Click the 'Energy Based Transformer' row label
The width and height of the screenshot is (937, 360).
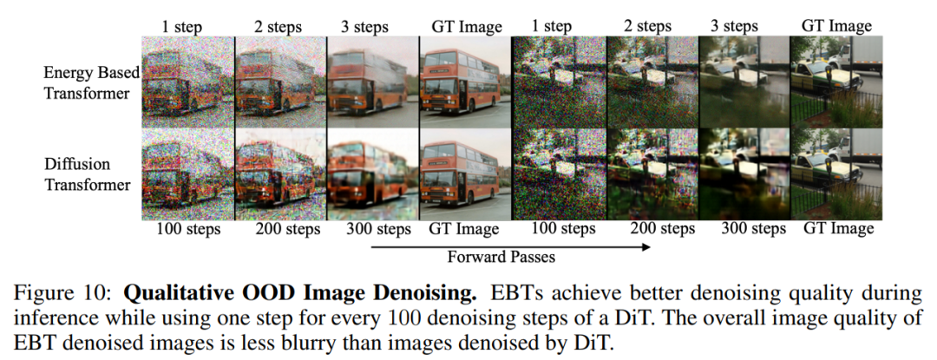click(91, 83)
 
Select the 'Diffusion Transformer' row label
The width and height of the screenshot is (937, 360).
click(88, 173)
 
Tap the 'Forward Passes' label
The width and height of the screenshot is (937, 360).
click(501, 257)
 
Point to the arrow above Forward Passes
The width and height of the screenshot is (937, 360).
click(510, 246)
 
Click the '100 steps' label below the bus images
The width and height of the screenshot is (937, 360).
click(188, 229)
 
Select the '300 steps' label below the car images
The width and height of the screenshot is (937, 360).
click(753, 229)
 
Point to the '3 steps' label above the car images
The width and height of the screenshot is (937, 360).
click(734, 27)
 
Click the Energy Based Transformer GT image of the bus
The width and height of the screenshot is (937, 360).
click(465, 82)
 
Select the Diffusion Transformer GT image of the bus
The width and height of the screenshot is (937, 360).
click(465, 174)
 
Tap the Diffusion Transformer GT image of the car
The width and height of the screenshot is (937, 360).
click(836, 174)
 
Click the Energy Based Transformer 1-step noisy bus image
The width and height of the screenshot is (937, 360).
click(187, 82)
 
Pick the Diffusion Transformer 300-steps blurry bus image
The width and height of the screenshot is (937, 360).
click(373, 174)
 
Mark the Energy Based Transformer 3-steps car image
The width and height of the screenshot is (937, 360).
click(744, 82)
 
